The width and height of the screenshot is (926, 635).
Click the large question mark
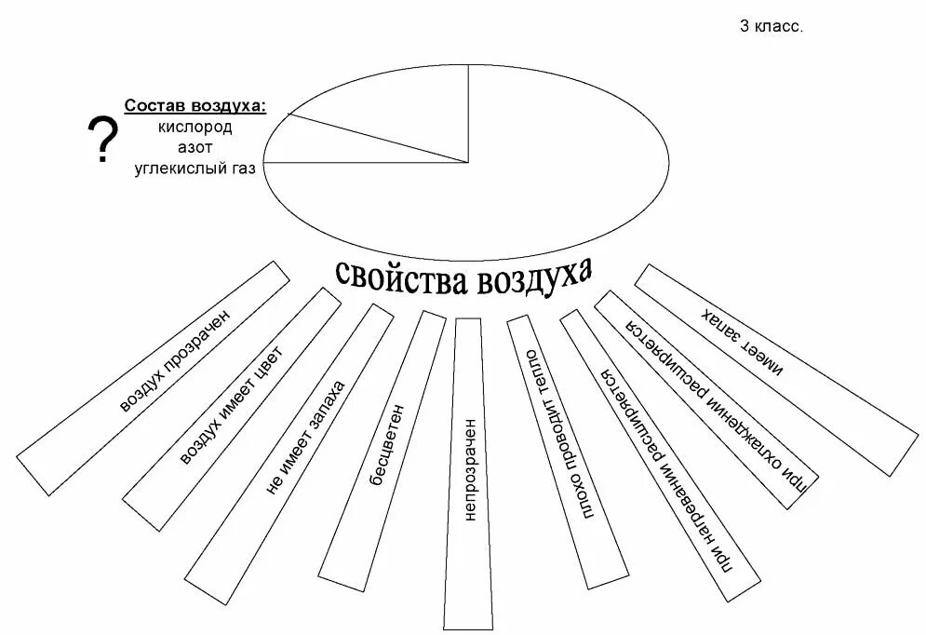click(102, 141)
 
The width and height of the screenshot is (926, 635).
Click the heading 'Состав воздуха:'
click(195, 106)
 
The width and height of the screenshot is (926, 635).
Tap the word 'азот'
click(195, 147)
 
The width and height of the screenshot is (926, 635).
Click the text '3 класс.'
click(771, 27)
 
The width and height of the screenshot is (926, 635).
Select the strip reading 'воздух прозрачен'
click(154, 377)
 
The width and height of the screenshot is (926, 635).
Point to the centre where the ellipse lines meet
click(467, 162)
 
